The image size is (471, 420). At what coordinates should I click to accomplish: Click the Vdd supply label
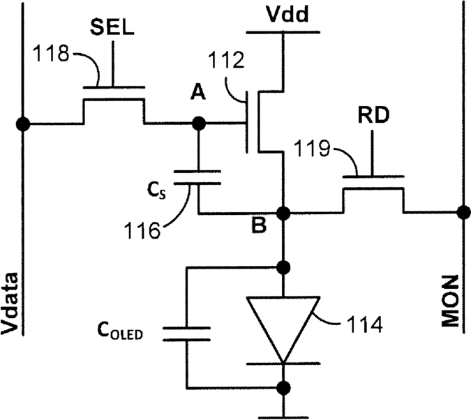[287, 14]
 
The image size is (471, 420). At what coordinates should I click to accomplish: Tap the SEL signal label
[112, 27]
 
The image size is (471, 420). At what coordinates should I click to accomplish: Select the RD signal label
[374, 114]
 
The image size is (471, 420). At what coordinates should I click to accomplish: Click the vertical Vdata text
[10, 303]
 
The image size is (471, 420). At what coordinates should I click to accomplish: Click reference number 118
[51, 54]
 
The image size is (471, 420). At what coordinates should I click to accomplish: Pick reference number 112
[226, 60]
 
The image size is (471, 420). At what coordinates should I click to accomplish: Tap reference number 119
[312, 148]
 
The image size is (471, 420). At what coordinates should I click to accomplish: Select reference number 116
[142, 230]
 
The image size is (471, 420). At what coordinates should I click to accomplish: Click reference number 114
[365, 324]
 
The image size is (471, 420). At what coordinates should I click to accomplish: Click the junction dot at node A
[198, 123]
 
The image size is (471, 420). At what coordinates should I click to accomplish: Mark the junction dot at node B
[283, 213]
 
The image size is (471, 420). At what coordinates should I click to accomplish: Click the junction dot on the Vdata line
[23, 123]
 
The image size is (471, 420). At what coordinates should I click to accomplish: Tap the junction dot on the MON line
[463, 213]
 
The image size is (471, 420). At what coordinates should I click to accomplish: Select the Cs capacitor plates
[197, 177]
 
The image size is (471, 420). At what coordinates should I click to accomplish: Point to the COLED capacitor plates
[186, 334]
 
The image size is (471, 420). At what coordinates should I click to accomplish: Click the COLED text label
[120, 331]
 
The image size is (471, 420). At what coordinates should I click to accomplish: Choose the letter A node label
[198, 92]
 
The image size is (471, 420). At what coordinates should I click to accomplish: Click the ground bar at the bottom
[283, 417]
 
